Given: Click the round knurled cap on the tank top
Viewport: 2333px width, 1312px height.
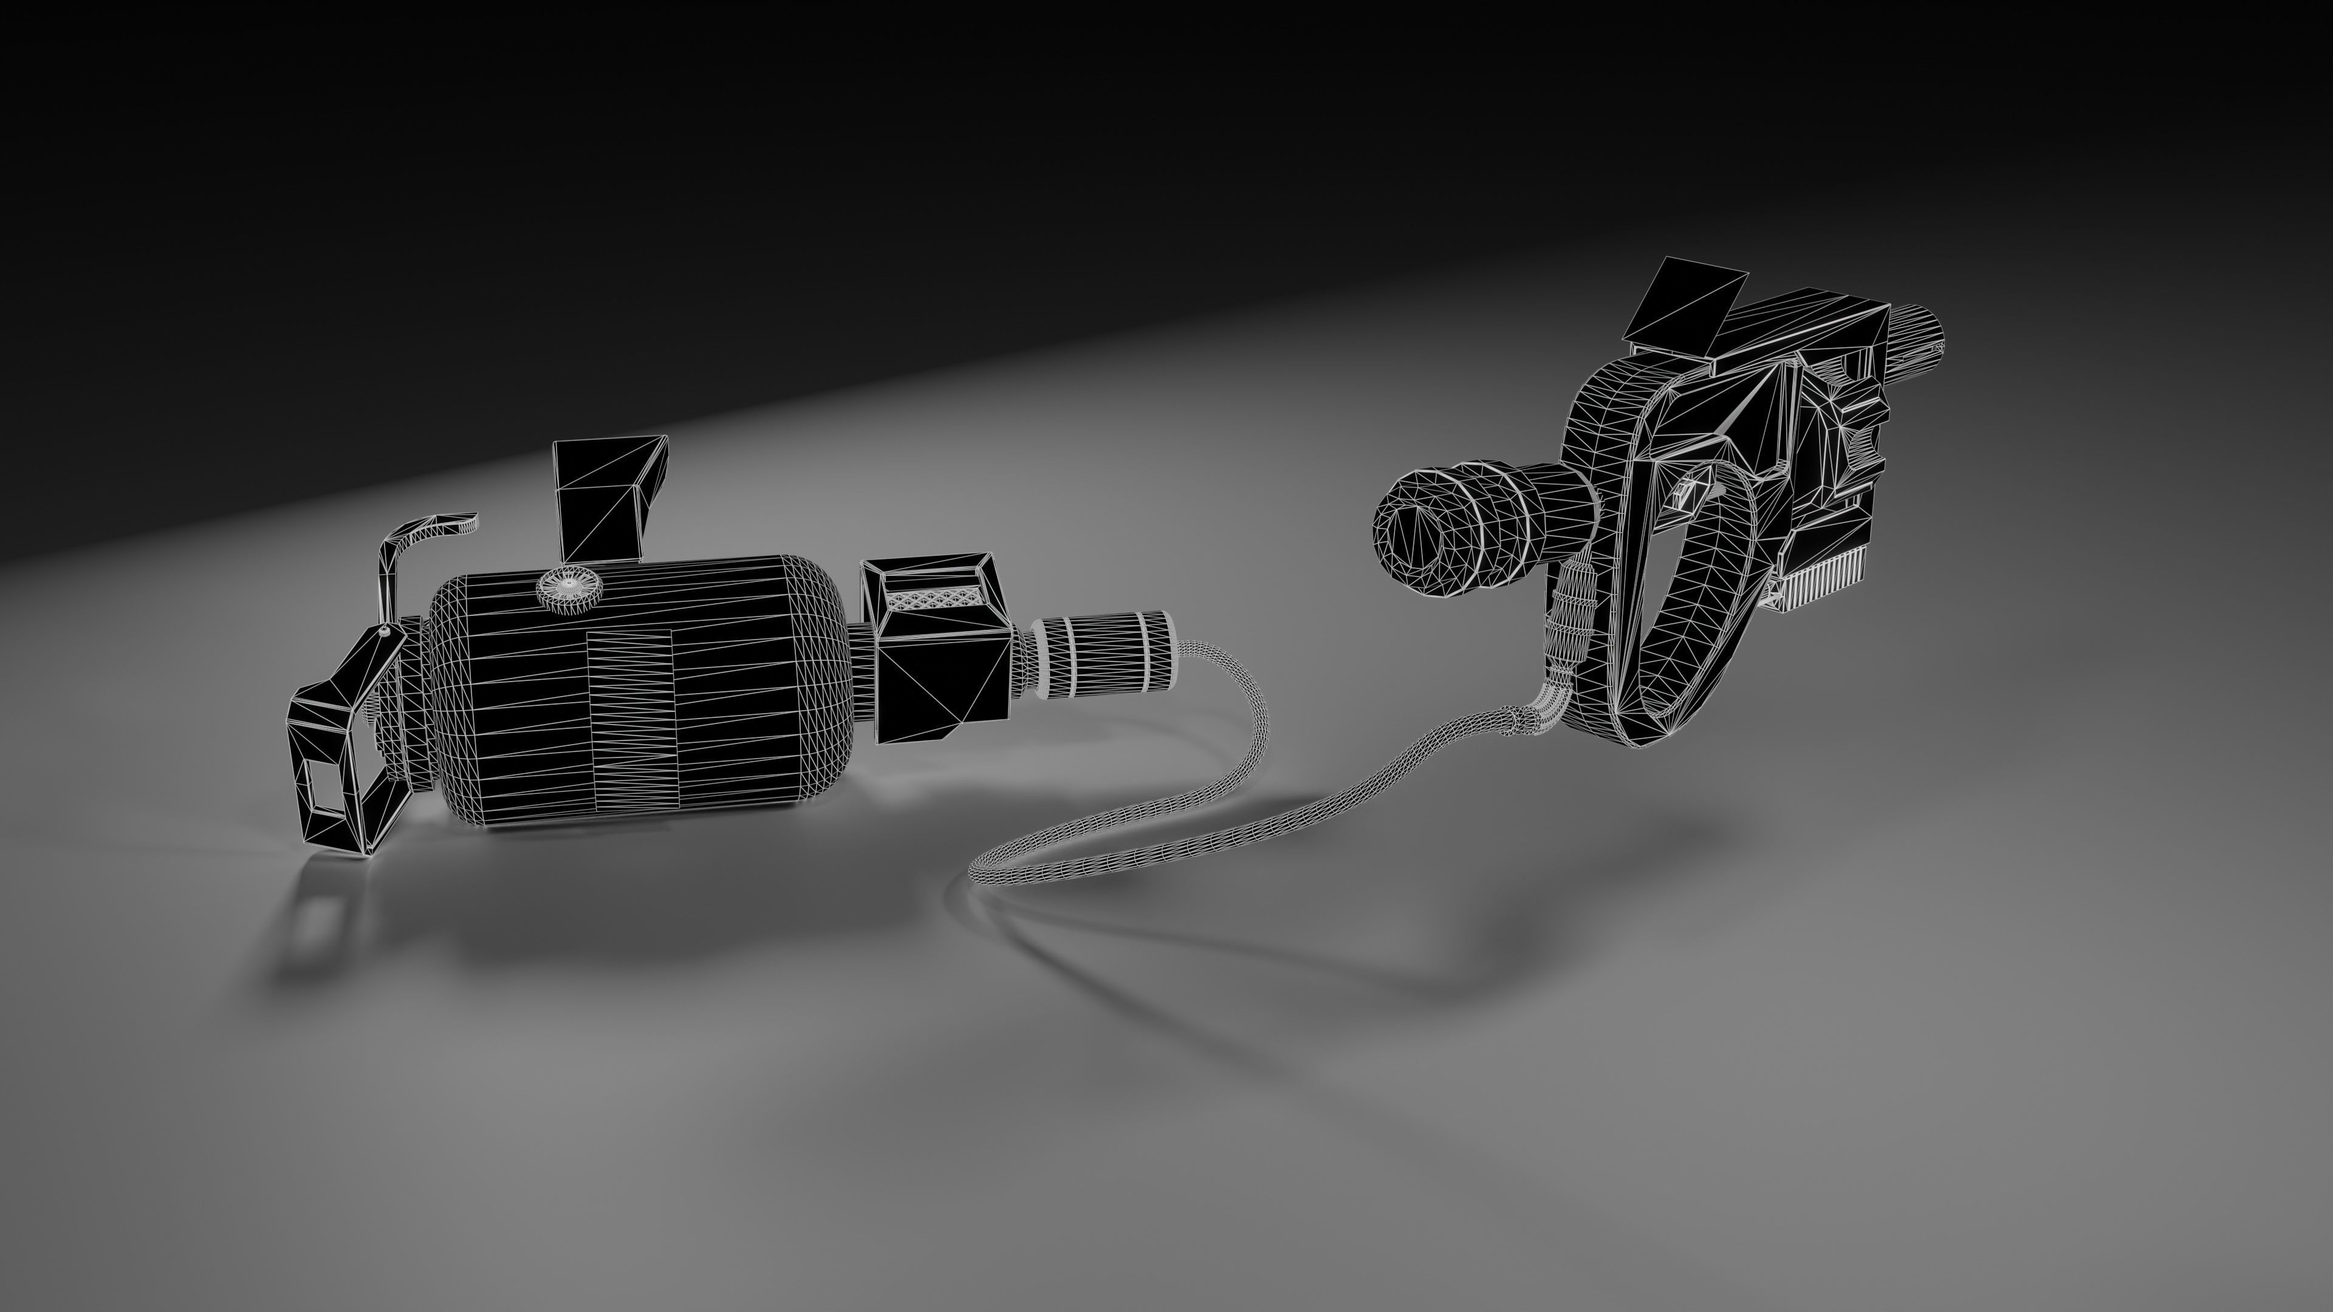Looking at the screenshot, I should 570,589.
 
